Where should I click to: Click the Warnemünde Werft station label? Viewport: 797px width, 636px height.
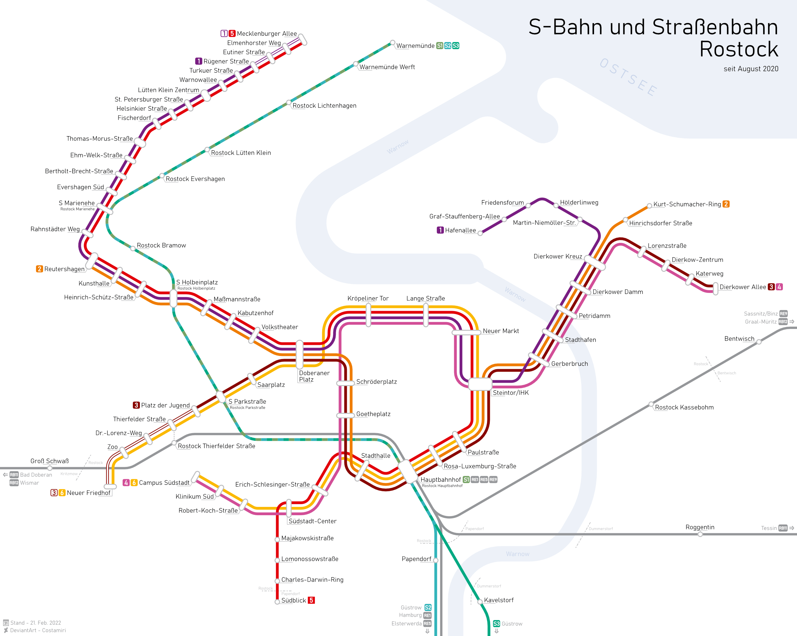(387, 67)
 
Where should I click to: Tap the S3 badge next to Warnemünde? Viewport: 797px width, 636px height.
(456, 46)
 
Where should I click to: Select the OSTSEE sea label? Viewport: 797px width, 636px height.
(628, 77)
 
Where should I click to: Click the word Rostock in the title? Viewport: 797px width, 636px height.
(739, 49)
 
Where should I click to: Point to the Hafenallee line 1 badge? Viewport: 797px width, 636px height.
(440, 230)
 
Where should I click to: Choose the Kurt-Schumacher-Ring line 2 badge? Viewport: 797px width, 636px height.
(726, 204)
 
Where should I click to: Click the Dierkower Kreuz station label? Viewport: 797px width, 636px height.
(557, 256)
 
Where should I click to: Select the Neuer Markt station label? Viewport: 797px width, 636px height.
(501, 331)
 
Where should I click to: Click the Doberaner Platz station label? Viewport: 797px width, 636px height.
(314, 376)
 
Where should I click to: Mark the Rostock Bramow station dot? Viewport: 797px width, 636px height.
(133, 248)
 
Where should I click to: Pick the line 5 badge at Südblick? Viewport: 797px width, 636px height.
(311, 600)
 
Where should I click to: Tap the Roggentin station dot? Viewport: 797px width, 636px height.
(700, 534)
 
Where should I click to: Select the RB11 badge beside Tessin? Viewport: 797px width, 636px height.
(783, 528)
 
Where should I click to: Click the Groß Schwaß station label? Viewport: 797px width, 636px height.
(50, 461)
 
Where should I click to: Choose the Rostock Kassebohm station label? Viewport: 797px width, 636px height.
(684, 407)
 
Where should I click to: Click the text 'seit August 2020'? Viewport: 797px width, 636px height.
(751, 69)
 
